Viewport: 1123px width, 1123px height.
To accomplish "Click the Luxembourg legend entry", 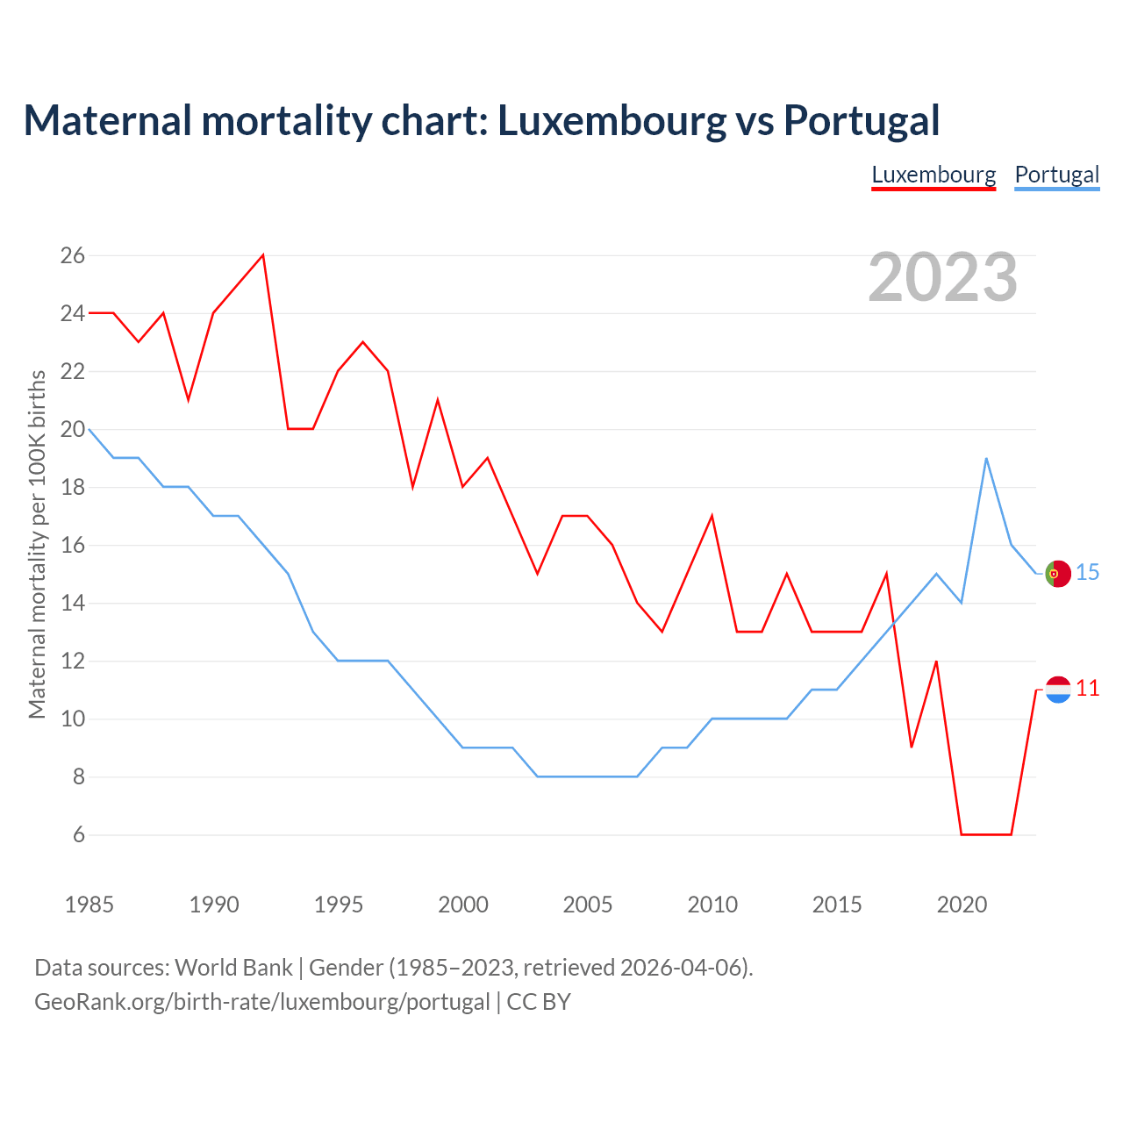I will click(x=933, y=175).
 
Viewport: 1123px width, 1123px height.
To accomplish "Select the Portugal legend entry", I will click(x=1056, y=175).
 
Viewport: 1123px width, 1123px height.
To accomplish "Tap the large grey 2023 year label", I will click(x=943, y=277).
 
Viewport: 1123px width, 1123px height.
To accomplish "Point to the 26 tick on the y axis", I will click(x=73, y=255).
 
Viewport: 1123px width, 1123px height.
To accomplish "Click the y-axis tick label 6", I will click(x=79, y=834).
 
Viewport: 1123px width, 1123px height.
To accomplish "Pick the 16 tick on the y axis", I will click(x=73, y=545).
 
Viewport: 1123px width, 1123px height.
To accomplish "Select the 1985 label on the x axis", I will click(x=89, y=905).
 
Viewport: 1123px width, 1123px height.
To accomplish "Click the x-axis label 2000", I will click(x=463, y=905).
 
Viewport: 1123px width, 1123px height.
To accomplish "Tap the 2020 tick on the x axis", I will click(x=962, y=905).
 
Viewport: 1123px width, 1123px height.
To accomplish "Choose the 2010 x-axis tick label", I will click(x=712, y=905).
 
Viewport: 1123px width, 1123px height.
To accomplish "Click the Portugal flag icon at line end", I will click(x=1058, y=574).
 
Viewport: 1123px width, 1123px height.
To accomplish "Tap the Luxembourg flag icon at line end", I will click(x=1058, y=690).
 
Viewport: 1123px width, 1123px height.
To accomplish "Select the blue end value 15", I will click(x=1088, y=572).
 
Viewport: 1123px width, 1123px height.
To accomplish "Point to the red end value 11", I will click(x=1088, y=689).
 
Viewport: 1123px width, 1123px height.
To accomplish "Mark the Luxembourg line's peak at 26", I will click(x=263, y=255).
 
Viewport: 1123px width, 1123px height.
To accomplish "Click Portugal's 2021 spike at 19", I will click(x=986, y=458).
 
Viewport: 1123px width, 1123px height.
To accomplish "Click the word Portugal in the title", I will click(x=862, y=120).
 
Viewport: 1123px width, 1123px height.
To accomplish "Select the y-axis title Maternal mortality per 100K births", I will click(x=38, y=544).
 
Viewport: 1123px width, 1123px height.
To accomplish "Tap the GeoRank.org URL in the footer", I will click(x=261, y=1001).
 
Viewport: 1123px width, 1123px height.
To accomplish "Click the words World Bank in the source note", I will click(x=233, y=967).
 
